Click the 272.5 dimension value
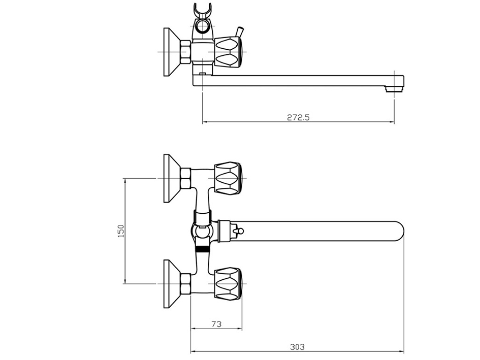[x=298, y=117]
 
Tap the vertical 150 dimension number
[x=120, y=231]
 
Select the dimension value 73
[x=216, y=323]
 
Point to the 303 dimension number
[x=297, y=347]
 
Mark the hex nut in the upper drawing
[x=185, y=52]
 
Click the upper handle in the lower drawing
[x=229, y=178]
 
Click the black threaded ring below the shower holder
[x=203, y=249]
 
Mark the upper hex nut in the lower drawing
[x=185, y=178]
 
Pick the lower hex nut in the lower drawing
[x=185, y=283]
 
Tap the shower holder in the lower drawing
[x=202, y=231]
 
